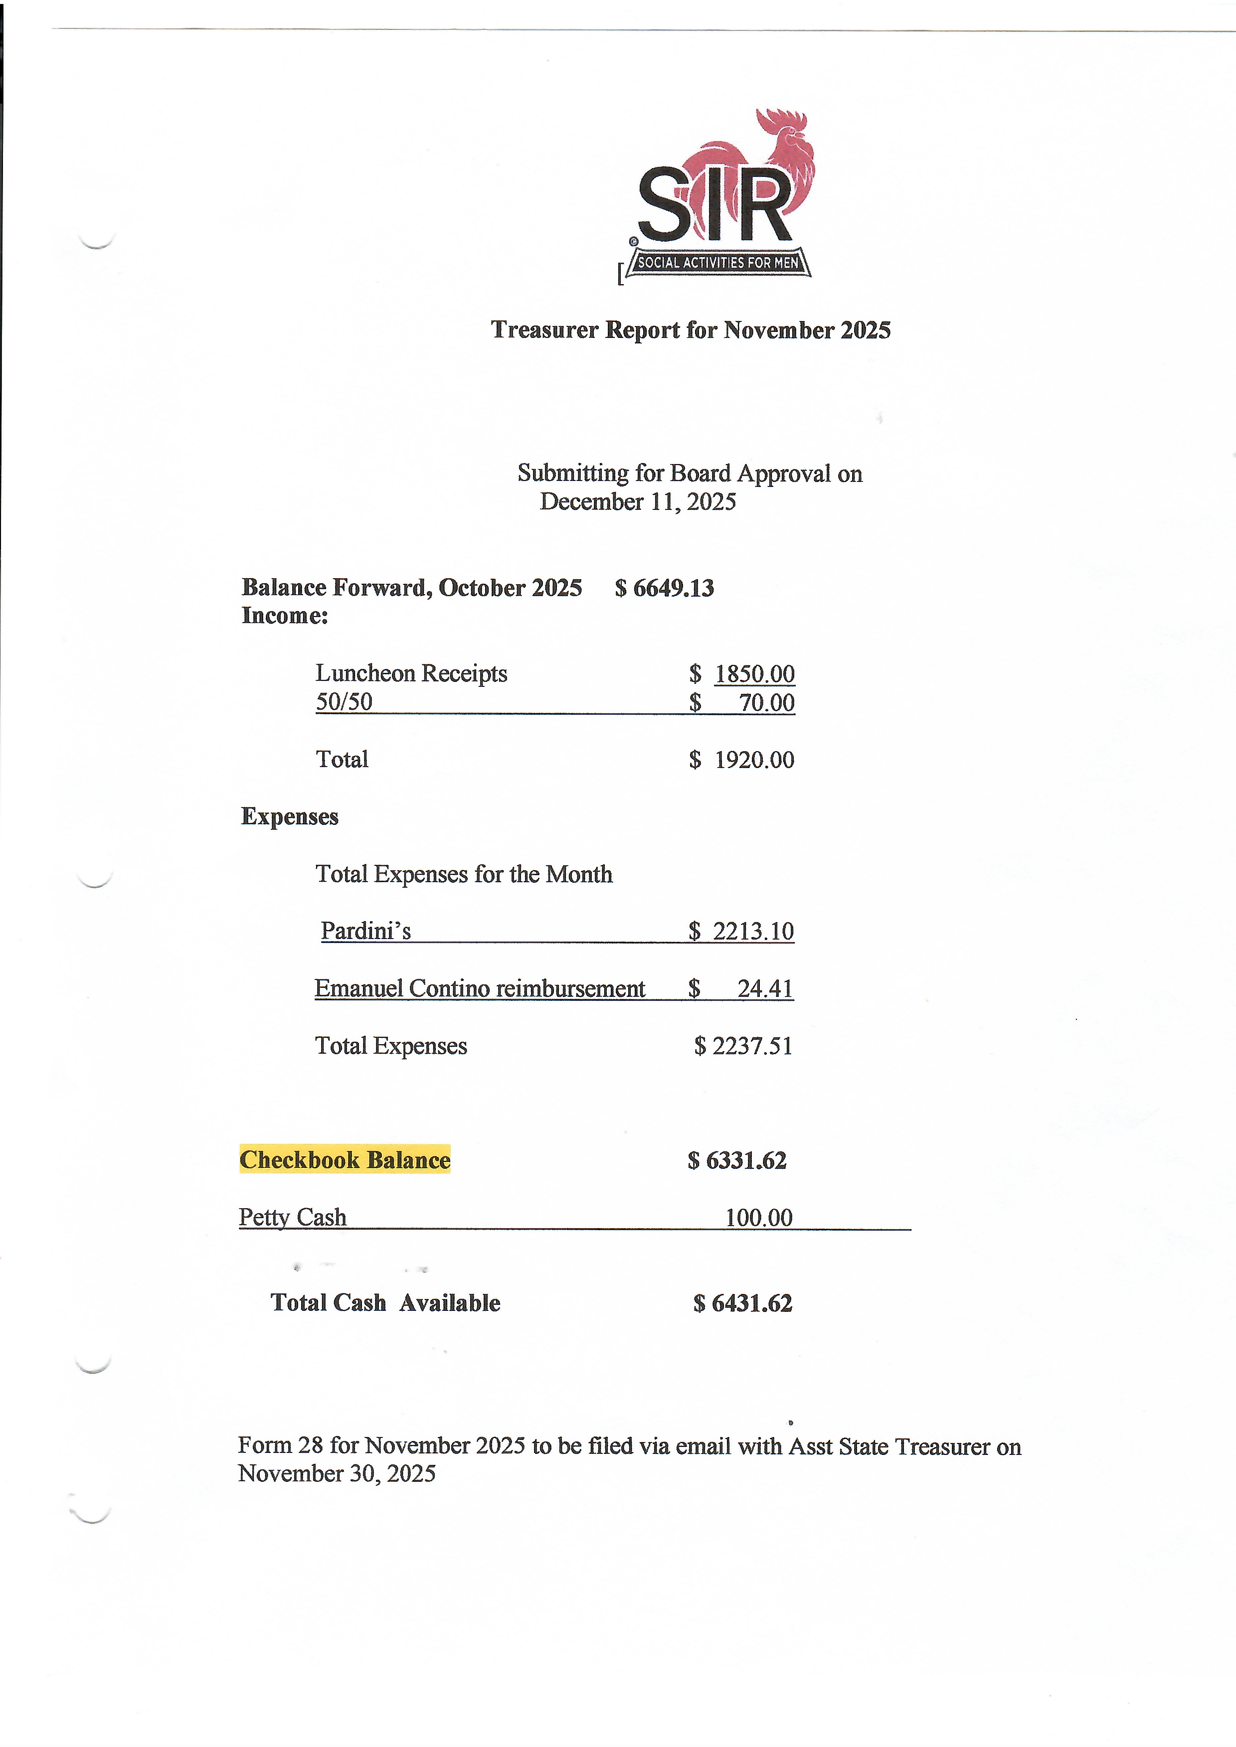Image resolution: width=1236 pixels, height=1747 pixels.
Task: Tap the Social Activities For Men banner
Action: click(x=717, y=263)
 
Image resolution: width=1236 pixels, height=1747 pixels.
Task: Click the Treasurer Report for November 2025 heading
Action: click(x=691, y=330)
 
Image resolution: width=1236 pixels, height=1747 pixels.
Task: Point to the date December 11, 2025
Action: click(x=638, y=502)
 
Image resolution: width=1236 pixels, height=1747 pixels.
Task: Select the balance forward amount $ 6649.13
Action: click(x=665, y=588)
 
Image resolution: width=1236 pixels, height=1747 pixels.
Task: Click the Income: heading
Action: click(x=285, y=616)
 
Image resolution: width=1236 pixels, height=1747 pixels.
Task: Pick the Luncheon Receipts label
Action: click(x=411, y=673)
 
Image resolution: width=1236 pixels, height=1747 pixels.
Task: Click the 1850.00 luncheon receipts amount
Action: click(x=754, y=674)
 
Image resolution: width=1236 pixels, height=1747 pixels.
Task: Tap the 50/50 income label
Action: click(x=344, y=701)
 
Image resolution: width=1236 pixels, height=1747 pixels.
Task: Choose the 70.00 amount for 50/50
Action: click(x=766, y=702)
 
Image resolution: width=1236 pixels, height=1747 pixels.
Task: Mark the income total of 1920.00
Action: click(x=753, y=760)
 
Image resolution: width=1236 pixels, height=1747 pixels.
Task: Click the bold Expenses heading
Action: click(x=289, y=816)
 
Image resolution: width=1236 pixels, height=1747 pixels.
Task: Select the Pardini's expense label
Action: click(x=365, y=931)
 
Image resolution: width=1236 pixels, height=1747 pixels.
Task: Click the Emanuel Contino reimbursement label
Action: click(x=480, y=988)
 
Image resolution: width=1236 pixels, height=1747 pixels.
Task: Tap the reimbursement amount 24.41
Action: click(x=765, y=988)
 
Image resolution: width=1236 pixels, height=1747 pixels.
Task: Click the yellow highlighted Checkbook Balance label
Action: click(x=345, y=1159)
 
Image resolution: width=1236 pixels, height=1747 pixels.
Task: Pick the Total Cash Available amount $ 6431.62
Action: click(x=742, y=1303)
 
